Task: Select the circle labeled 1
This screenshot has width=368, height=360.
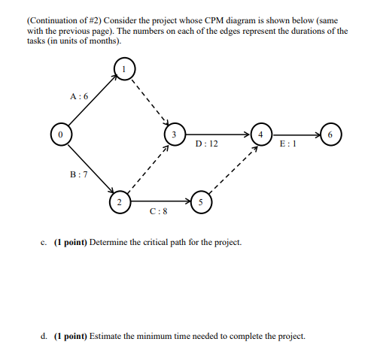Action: point(122,69)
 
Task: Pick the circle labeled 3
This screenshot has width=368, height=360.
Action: point(174,135)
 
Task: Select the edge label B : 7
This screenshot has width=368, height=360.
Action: point(78,174)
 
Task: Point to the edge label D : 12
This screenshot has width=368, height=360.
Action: point(206,142)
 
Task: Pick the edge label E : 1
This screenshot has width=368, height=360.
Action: point(287,142)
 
